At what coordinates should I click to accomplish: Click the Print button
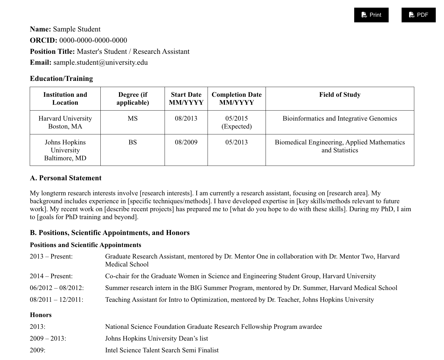[x=371, y=15]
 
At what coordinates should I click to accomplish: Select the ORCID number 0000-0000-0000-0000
[x=93, y=40]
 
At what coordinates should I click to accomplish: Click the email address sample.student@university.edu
[x=100, y=62]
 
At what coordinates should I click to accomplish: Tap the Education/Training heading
[x=61, y=79]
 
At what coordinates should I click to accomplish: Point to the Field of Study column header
[x=339, y=95]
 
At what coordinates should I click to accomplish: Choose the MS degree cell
[x=132, y=119]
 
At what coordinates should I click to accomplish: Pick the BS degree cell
[x=132, y=142]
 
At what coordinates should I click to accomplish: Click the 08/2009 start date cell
[x=186, y=142]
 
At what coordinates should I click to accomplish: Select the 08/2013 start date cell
[x=186, y=119]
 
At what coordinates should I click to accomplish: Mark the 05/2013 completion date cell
[x=236, y=142]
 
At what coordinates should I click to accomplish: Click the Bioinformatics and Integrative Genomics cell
[x=339, y=119]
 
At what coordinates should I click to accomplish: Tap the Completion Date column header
[x=236, y=99]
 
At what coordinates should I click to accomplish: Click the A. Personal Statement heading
[x=66, y=178]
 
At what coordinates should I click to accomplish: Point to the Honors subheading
[x=41, y=315]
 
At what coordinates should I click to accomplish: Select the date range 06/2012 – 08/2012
[x=57, y=288]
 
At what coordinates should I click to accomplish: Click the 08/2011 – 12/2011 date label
[x=56, y=300]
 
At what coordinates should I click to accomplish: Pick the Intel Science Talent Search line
[x=162, y=350]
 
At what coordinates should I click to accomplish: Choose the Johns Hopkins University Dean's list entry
[x=156, y=339]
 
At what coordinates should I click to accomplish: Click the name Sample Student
[x=77, y=29]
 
